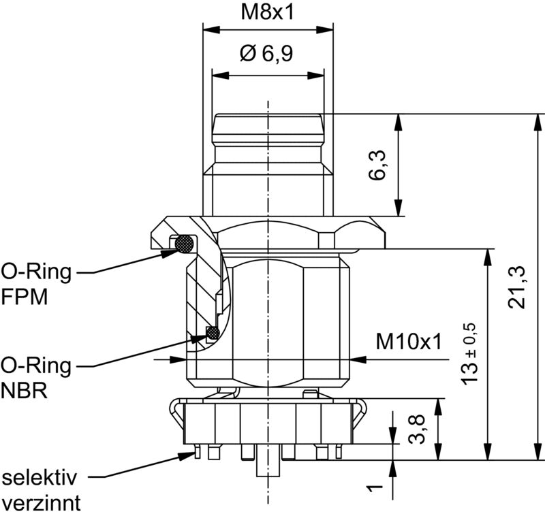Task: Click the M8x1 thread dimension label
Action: coord(267,13)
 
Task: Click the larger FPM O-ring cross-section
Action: coord(184,243)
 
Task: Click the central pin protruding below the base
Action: coord(266,468)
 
